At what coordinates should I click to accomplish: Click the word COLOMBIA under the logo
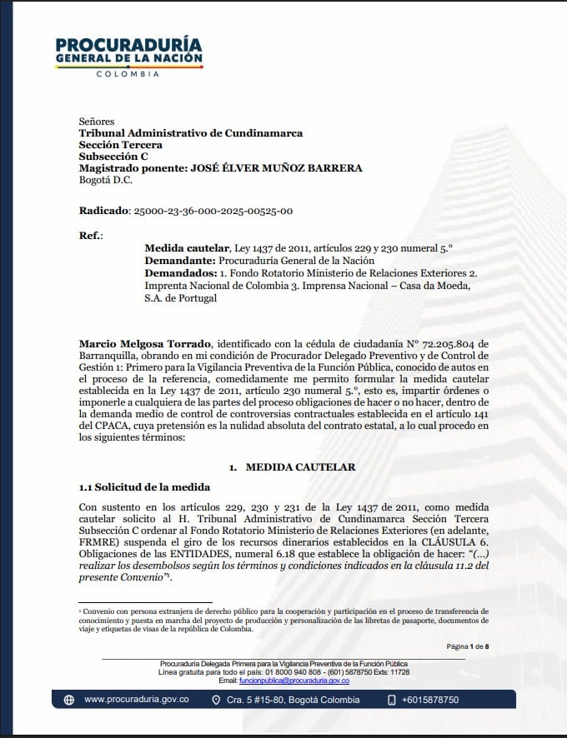tap(128, 73)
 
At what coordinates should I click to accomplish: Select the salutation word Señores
tap(97, 122)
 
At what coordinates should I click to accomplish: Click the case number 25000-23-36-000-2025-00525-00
tap(213, 212)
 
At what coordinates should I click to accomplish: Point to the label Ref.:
tap(91, 236)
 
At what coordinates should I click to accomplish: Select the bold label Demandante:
tap(180, 261)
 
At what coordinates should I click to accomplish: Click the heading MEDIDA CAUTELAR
tap(300, 467)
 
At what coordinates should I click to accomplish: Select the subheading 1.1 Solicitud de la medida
tap(144, 486)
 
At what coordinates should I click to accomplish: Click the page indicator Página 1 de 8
tap(467, 646)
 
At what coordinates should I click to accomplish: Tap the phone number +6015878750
tap(429, 700)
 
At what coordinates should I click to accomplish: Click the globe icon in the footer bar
tap(69, 700)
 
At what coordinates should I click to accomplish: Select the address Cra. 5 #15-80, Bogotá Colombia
tap(293, 700)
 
